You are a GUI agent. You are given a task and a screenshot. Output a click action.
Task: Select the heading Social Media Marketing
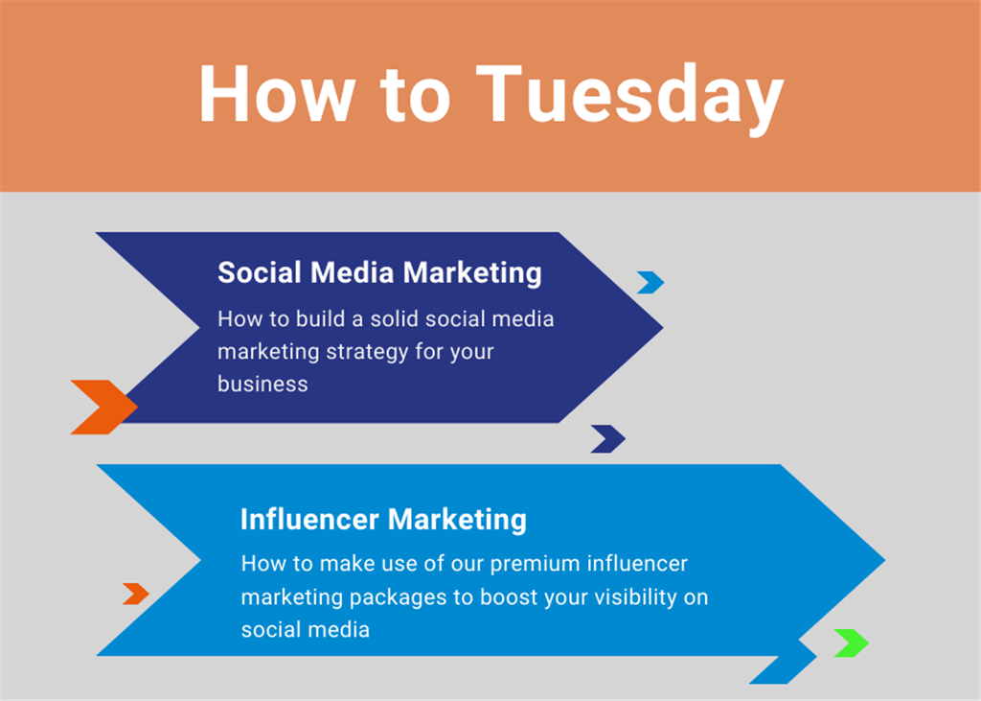(x=379, y=273)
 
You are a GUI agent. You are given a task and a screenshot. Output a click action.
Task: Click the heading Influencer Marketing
(x=383, y=520)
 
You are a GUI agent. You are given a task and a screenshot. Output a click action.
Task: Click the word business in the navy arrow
(x=262, y=384)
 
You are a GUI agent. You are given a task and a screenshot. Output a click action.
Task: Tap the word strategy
(x=367, y=352)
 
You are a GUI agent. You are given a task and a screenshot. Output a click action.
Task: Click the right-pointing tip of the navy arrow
(x=663, y=327)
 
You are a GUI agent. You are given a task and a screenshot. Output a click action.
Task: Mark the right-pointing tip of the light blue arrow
(x=884, y=560)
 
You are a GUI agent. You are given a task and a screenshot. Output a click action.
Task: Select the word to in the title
(x=415, y=97)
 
